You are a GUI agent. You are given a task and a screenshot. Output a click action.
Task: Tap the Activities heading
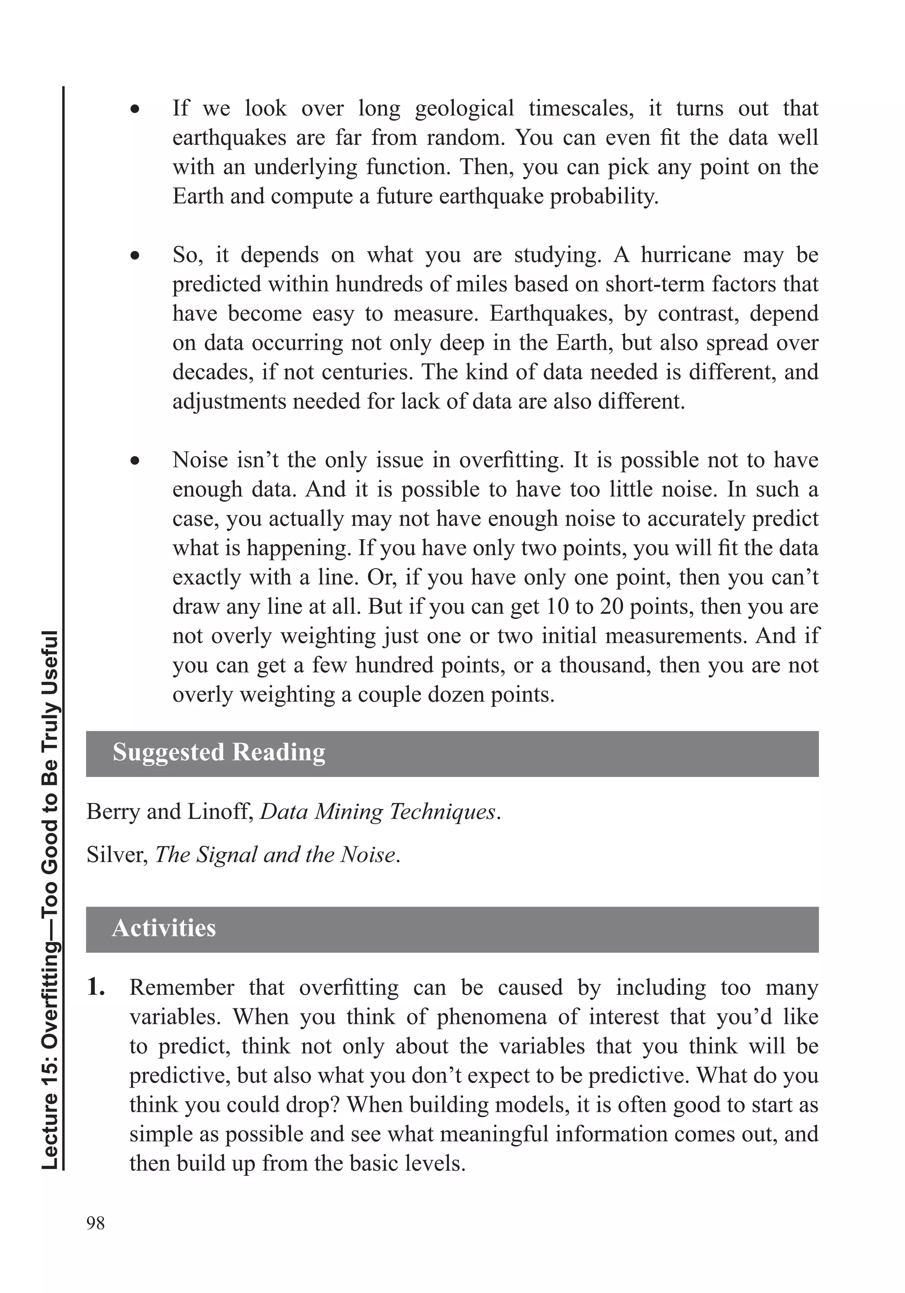[164, 928]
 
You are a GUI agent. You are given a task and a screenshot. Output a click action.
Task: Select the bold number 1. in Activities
[96, 988]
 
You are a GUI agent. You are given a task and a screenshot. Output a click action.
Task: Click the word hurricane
[685, 255]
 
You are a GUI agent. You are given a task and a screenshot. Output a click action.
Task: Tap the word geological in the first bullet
[464, 108]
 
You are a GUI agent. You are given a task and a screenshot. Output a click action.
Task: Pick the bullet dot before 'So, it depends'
[135, 256]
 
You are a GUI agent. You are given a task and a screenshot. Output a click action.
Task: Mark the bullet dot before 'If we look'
[135, 109]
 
